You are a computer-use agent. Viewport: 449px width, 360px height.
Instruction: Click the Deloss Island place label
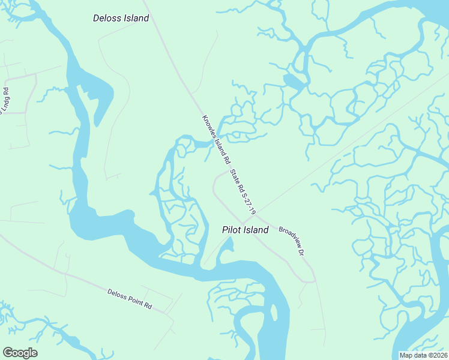[121, 18]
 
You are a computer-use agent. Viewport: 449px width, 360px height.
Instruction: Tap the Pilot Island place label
[245, 230]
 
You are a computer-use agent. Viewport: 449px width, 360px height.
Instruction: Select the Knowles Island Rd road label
[216, 140]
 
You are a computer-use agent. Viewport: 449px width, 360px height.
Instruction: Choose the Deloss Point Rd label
[130, 299]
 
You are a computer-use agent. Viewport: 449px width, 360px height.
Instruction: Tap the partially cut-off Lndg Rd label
[5, 101]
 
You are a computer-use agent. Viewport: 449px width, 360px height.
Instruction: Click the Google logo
[20, 352]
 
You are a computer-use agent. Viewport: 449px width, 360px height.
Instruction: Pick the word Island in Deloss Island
[136, 18]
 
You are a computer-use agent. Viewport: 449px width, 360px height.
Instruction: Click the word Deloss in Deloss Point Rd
[117, 294]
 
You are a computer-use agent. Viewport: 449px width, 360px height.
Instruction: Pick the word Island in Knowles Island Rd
[217, 142]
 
